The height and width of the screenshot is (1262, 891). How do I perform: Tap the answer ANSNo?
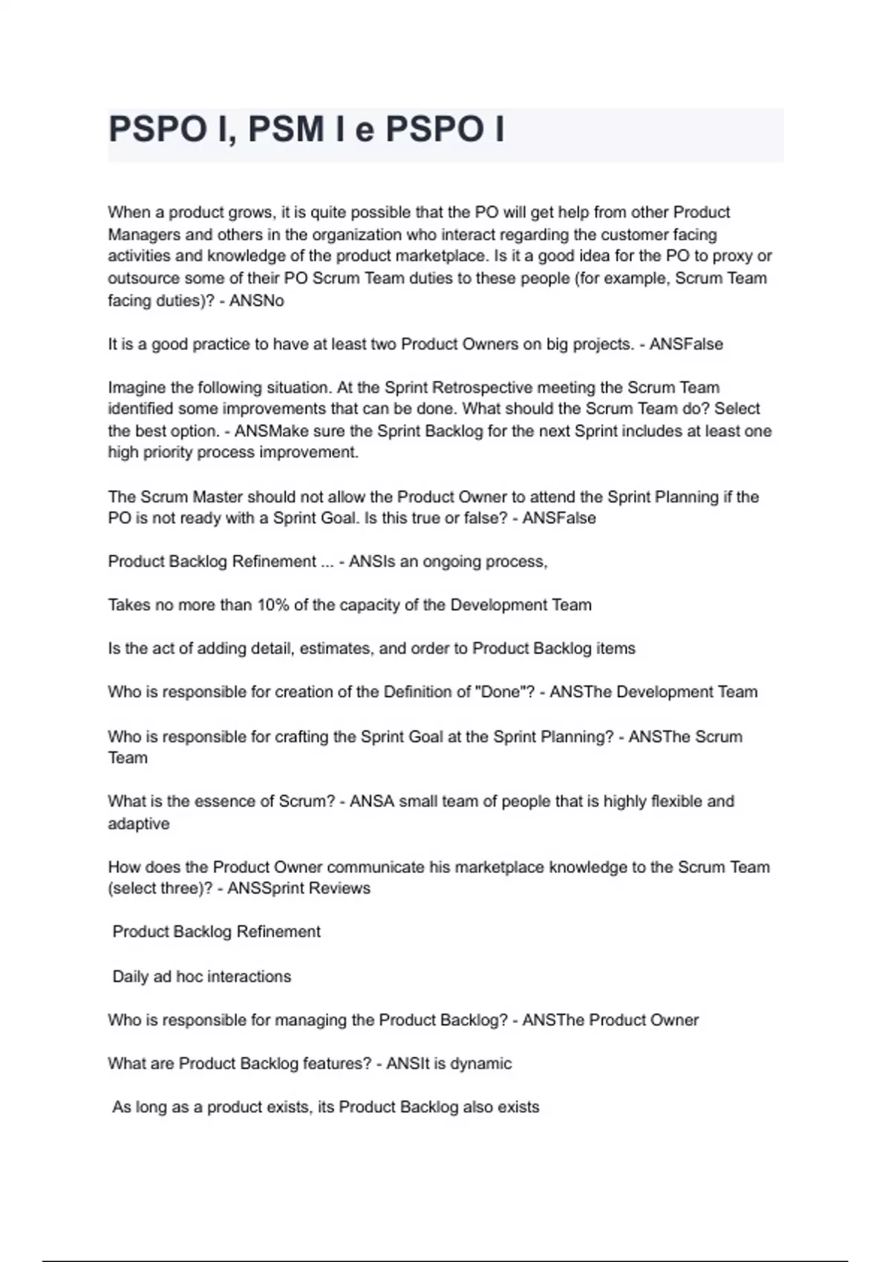click(256, 301)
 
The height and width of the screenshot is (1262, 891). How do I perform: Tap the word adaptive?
click(139, 824)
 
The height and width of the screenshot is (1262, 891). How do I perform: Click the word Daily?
click(131, 977)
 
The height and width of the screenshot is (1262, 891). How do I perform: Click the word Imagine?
click(136, 388)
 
